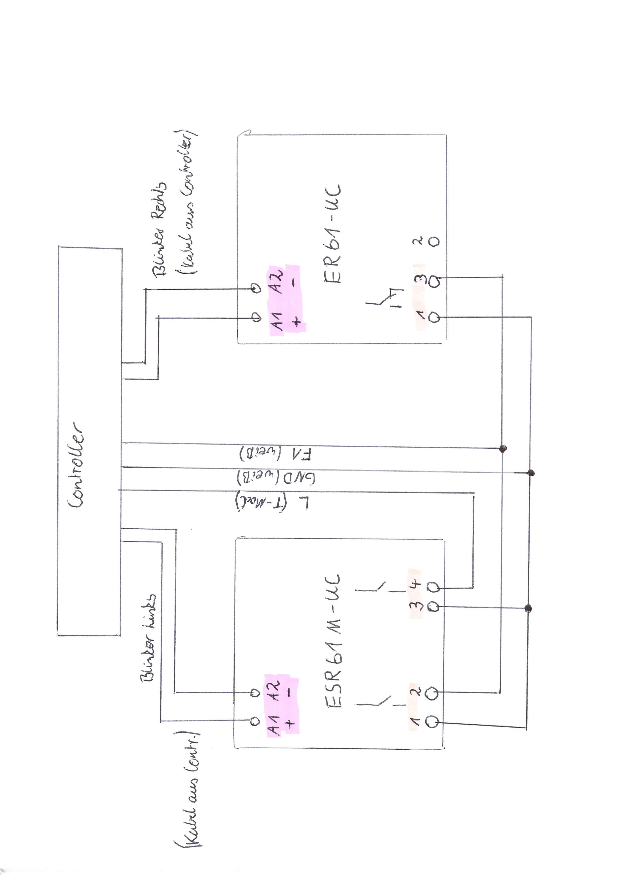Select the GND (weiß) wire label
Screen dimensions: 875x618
(x=276, y=477)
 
